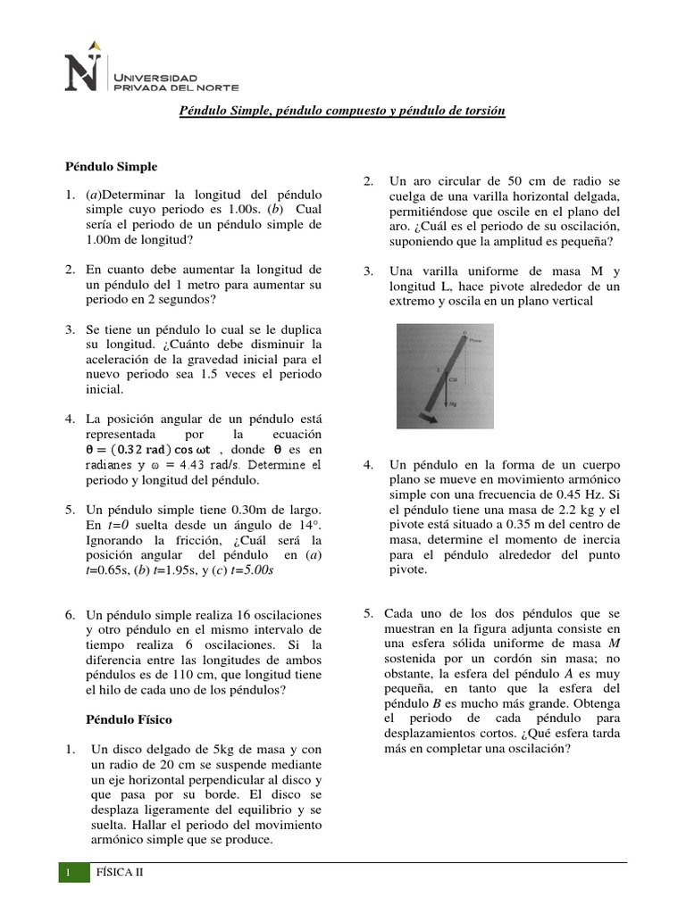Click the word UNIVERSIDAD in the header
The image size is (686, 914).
pyautogui.click(x=147, y=68)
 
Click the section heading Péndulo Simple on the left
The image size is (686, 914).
pyautogui.click(x=111, y=166)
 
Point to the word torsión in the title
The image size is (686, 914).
pyautogui.click(x=484, y=111)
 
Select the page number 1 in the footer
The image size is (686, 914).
pyautogui.click(x=68, y=875)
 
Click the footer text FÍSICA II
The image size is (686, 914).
pyautogui.click(x=120, y=875)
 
